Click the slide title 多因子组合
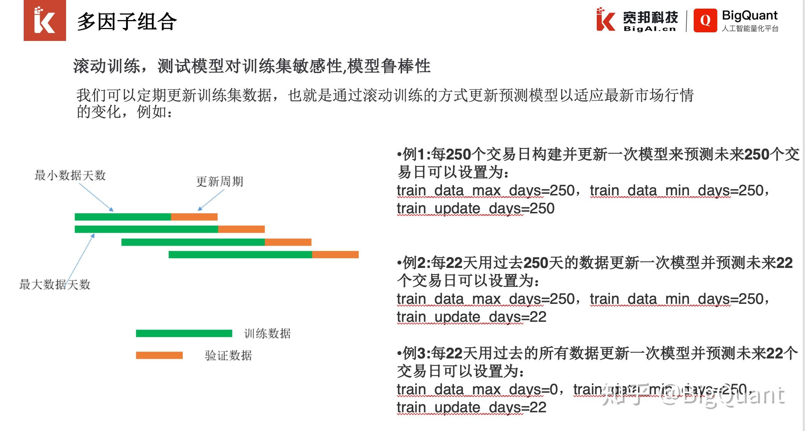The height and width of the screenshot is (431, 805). (x=126, y=22)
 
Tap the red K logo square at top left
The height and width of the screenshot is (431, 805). (x=45, y=20)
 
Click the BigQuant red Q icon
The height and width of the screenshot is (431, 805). (x=705, y=20)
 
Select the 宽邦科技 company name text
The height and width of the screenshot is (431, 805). (x=650, y=17)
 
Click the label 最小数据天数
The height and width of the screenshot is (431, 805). (x=70, y=175)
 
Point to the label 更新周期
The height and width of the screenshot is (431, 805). (x=219, y=181)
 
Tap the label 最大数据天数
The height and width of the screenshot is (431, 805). (x=55, y=284)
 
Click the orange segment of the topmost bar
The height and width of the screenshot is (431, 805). (x=194, y=217)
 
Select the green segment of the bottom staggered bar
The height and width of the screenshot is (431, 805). (x=240, y=255)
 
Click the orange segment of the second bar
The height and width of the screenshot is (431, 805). (x=241, y=229)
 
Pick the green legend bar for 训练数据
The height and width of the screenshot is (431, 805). (x=184, y=333)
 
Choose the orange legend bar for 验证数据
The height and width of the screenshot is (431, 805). (x=159, y=355)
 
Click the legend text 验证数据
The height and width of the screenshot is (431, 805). (x=228, y=355)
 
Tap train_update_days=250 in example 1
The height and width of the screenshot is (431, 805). (x=475, y=209)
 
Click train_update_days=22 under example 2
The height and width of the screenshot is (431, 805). (x=471, y=317)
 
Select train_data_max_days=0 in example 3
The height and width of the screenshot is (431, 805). (x=477, y=389)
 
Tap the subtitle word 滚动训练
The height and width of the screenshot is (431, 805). (x=106, y=66)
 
